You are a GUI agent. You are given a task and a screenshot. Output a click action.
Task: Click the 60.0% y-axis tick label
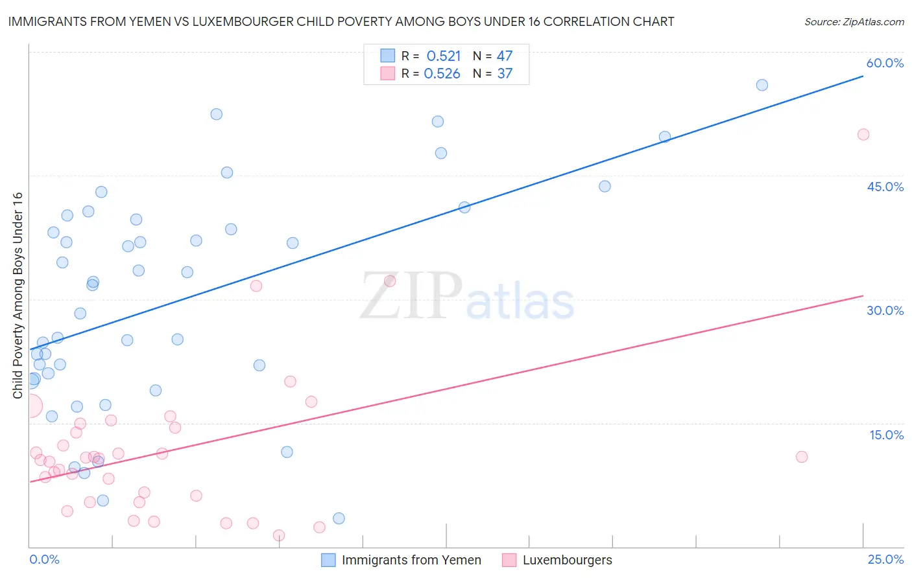click(885, 63)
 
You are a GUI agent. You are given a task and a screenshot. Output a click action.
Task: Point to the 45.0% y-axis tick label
click(885, 187)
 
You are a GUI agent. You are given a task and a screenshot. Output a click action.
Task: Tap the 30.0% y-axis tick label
click(885, 310)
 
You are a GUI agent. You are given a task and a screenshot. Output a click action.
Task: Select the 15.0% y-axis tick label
click(886, 435)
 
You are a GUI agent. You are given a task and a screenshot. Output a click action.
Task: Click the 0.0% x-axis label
click(44, 559)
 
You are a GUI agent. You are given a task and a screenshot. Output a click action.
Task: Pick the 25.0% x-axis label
click(885, 559)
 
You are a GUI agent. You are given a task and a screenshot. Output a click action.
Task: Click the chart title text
click(341, 21)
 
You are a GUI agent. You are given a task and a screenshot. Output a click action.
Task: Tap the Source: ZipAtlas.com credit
click(854, 21)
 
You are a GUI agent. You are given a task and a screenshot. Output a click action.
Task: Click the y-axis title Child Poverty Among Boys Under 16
click(18, 295)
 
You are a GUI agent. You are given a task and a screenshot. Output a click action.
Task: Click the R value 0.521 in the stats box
click(444, 56)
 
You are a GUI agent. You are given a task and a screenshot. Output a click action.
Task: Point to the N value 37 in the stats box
click(505, 74)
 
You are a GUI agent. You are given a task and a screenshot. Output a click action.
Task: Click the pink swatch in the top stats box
click(387, 73)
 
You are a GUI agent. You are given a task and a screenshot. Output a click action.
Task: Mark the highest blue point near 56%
click(762, 85)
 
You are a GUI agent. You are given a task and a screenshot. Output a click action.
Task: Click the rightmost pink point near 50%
click(863, 135)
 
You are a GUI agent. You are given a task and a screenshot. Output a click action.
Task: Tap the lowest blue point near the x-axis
click(339, 518)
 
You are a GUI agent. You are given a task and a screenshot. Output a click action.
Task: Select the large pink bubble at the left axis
click(30, 406)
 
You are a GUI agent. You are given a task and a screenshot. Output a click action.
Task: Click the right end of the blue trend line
click(863, 76)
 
